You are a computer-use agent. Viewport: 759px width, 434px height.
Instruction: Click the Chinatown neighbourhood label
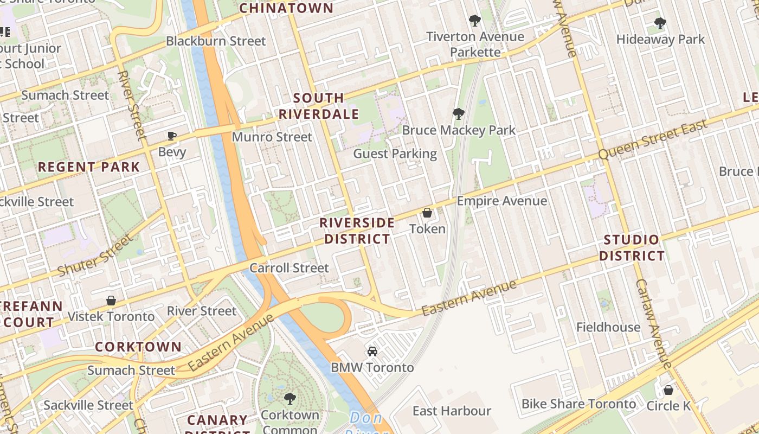point(286,8)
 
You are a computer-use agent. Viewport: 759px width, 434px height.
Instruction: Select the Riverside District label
point(357,231)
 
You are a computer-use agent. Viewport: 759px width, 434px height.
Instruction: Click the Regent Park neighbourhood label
point(89,167)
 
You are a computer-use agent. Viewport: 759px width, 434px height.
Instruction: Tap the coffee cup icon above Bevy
point(172,136)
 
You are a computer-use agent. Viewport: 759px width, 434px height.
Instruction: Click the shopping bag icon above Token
point(427,213)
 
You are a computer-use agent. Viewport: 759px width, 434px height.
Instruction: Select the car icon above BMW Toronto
point(372,351)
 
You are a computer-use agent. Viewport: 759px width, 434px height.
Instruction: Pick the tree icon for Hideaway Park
point(660,23)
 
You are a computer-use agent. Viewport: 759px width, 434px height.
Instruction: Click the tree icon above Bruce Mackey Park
point(459,113)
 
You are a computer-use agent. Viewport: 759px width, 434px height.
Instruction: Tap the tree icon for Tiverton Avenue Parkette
point(475,21)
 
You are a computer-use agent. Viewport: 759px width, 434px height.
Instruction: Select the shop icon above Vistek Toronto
point(111,300)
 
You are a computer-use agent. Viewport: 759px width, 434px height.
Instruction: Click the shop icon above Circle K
point(668,390)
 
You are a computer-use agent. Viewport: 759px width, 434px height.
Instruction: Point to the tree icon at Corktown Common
point(290,399)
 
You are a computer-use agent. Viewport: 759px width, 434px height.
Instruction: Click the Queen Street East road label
point(653,140)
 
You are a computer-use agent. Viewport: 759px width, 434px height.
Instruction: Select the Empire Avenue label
point(501,201)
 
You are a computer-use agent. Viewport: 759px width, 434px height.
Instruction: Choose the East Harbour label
point(452,411)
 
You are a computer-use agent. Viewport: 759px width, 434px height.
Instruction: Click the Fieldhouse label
point(608,327)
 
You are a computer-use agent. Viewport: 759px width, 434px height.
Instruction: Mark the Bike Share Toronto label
point(578,404)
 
